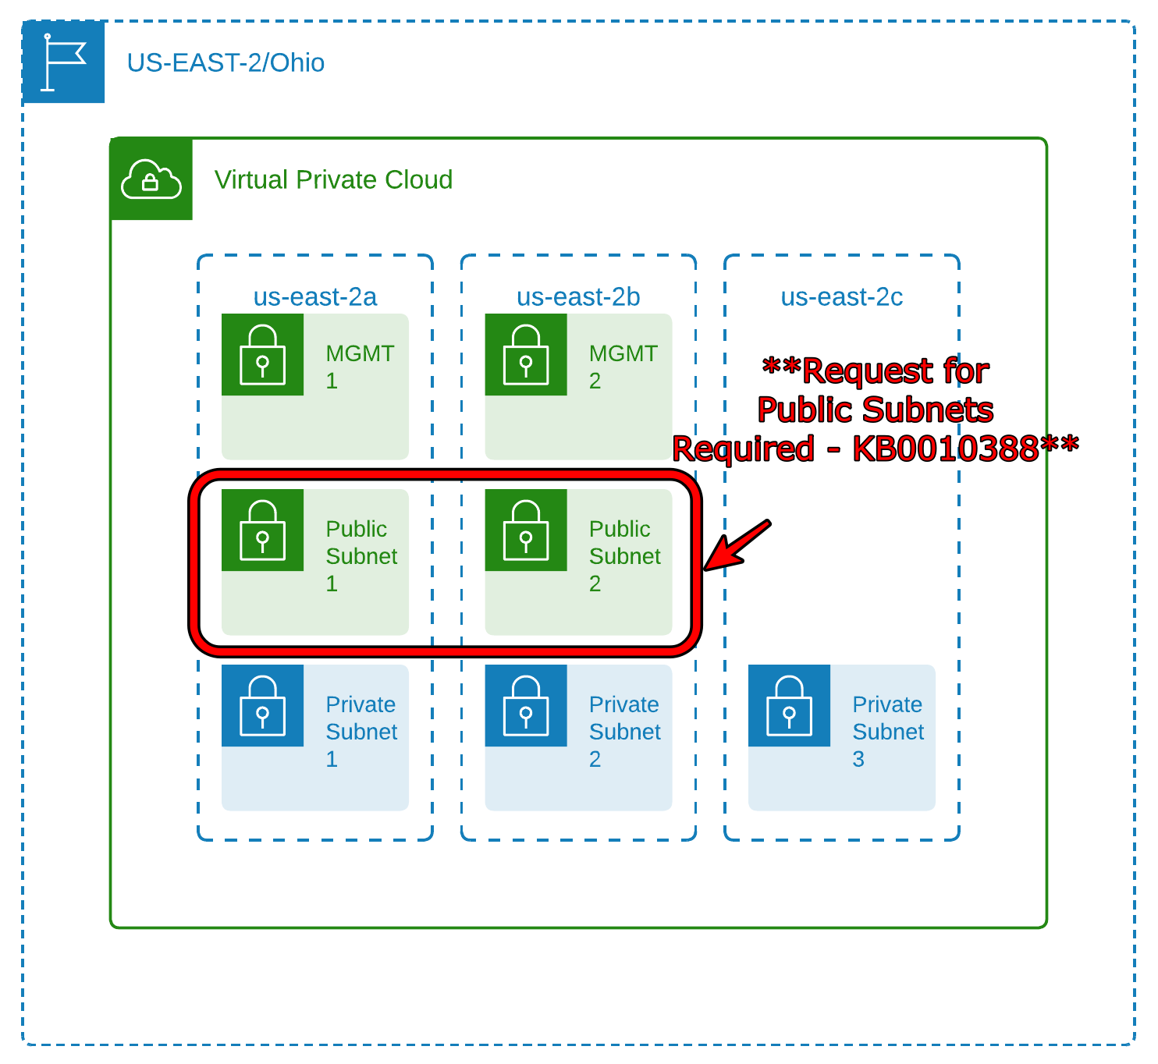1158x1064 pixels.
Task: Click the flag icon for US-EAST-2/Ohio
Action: pyautogui.click(x=63, y=62)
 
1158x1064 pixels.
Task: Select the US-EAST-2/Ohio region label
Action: pyautogui.click(x=226, y=62)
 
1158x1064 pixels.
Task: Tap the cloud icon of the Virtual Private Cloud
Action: pyautogui.click(x=151, y=179)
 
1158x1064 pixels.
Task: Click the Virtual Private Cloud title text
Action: pyautogui.click(x=333, y=179)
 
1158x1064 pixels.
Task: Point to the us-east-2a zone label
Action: pyautogui.click(x=315, y=297)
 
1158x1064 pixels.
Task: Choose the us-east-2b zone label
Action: pyautogui.click(x=578, y=297)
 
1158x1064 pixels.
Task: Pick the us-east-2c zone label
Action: pyautogui.click(x=841, y=297)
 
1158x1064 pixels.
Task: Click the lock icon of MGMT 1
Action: pyautogui.click(x=262, y=355)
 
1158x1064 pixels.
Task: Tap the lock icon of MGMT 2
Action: pyautogui.click(x=526, y=355)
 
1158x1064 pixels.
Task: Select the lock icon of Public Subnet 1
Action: pyautogui.click(x=262, y=530)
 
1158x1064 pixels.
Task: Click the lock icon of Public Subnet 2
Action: pyautogui.click(x=526, y=530)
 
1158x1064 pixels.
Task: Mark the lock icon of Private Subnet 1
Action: pyautogui.click(x=262, y=706)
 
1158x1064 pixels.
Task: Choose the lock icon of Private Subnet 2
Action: pyautogui.click(x=526, y=706)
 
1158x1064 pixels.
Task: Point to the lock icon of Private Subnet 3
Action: pyautogui.click(x=789, y=706)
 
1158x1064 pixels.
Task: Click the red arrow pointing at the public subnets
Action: pyautogui.click(x=737, y=545)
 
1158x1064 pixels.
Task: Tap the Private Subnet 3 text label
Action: pyautogui.click(x=888, y=732)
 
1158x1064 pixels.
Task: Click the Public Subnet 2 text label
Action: pyautogui.click(x=624, y=556)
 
